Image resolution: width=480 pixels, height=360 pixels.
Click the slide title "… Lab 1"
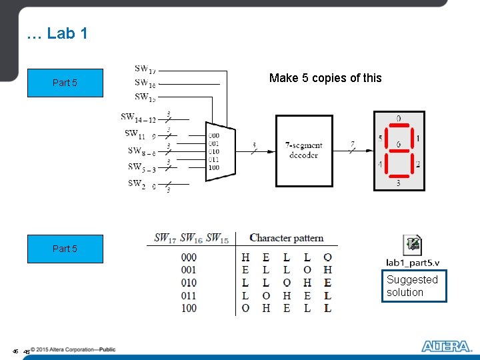57,33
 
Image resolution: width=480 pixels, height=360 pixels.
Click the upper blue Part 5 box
65,83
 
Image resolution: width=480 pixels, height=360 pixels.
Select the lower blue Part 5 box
65,249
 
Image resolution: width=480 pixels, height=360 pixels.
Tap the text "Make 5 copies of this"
325,78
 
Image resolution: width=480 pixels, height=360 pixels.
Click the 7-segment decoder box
303,151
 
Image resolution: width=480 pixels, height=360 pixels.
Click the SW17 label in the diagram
145,69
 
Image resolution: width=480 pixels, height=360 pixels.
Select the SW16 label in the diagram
145,83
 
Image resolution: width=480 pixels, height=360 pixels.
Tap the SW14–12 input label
138,117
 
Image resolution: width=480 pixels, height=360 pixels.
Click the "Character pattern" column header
287,238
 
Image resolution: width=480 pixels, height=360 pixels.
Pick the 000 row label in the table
189,257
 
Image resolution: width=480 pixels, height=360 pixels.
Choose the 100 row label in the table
189,308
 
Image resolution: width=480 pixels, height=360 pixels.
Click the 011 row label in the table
189,295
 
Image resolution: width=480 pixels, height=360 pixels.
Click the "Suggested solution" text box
414,286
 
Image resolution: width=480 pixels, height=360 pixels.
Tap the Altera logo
445,346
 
